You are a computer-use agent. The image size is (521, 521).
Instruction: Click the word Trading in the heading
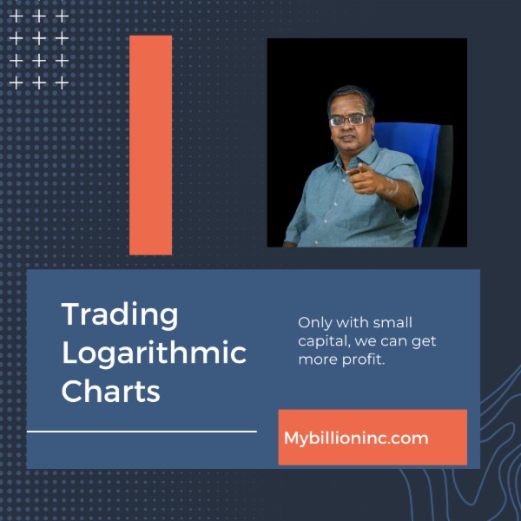pos(120,314)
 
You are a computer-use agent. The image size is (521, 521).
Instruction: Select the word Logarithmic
pos(154,353)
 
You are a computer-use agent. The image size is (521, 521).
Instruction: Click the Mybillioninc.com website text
pos(356,438)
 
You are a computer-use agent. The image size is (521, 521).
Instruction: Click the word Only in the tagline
pos(313,321)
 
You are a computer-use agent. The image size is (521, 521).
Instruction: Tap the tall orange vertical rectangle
pos(150,145)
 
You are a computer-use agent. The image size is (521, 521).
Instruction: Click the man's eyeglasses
pos(349,119)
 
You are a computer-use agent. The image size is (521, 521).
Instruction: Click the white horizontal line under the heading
pos(142,430)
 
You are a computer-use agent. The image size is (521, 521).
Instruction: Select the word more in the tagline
pos(316,359)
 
